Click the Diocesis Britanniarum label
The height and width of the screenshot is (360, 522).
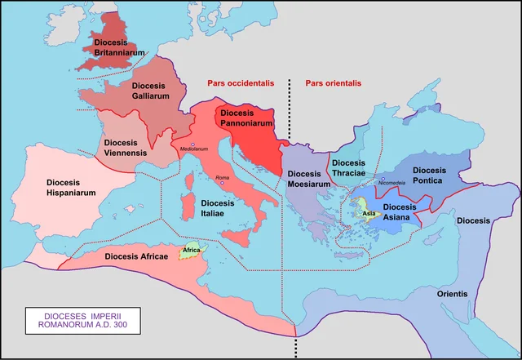tap(119, 47)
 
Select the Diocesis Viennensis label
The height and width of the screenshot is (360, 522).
tap(125, 147)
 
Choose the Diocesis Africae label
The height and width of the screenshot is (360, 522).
tap(137, 256)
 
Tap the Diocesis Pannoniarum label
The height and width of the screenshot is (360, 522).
tap(248, 118)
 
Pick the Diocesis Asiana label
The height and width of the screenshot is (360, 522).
tap(400, 212)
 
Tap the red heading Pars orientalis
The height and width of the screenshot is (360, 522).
tap(333, 83)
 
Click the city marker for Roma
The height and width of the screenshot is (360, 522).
tap(222, 183)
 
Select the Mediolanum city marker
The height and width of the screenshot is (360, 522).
tap(194, 144)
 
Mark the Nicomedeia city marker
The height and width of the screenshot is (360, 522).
tap(383, 178)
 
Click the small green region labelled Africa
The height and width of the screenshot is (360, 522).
tap(192, 251)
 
